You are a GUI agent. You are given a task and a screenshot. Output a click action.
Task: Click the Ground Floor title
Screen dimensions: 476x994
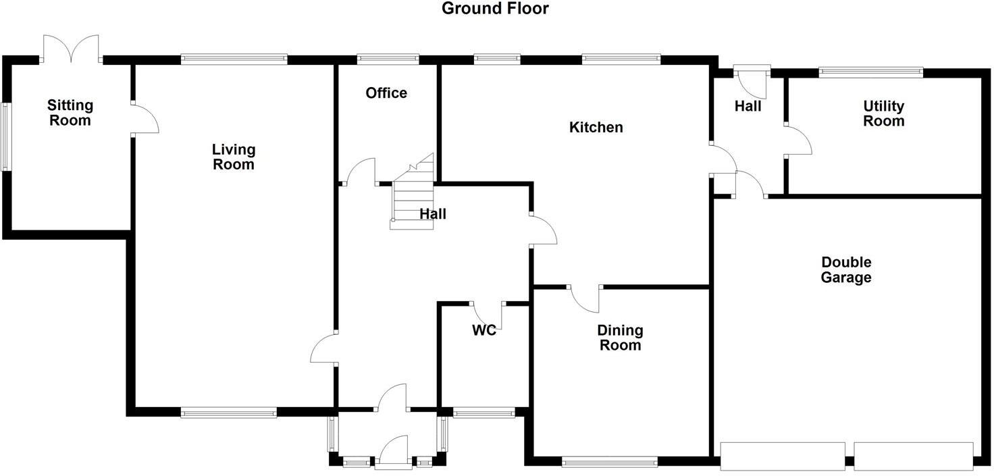495,9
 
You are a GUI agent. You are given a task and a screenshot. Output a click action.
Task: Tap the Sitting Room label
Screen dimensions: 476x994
70,113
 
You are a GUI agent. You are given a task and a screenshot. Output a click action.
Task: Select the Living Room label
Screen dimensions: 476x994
234,157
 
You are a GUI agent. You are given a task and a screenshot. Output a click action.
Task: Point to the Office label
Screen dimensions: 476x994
386,93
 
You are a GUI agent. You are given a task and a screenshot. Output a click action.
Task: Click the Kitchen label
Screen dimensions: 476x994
596,127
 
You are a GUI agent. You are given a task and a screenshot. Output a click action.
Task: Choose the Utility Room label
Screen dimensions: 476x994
883,113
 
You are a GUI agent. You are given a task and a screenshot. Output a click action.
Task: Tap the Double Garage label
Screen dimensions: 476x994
846,269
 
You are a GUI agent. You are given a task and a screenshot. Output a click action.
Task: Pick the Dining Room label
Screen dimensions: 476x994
620,338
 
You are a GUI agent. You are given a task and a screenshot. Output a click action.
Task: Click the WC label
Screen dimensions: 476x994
484,330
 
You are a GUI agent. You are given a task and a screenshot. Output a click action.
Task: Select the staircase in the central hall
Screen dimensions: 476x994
411,196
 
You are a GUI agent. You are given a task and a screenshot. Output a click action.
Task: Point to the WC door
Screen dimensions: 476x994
487,315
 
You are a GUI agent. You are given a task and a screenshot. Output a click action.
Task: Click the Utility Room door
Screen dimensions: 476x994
797,140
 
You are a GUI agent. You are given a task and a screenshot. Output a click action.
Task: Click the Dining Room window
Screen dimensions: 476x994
609,462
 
